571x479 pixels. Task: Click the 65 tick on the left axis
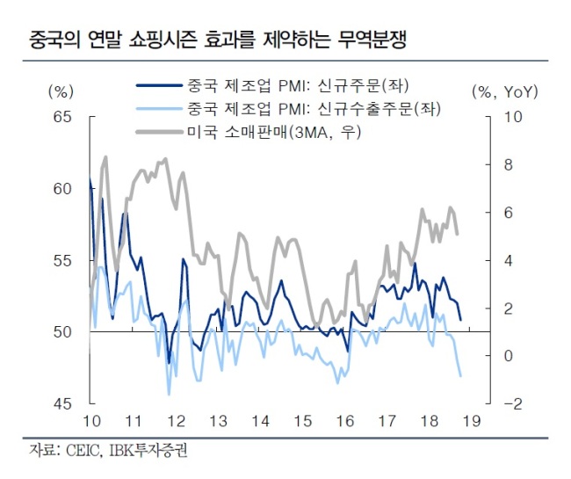pos(62,117)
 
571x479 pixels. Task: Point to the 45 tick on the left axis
pos(62,403)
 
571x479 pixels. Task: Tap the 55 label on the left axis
pos(62,261)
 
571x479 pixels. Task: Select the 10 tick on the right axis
pos(513,117)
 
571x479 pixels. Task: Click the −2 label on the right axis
pos(513,403)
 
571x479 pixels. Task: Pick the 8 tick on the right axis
pos(509,165)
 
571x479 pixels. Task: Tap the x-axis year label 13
pos(219,421)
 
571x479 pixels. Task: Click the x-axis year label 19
pos(472,421)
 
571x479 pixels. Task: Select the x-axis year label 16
pos(345,421)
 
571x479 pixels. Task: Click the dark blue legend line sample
pos(159,85)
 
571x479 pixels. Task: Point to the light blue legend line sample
pos(159,109)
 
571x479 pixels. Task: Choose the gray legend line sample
pos(159,132)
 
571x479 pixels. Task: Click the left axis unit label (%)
pos(61,91)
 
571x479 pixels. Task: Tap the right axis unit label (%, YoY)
pos(505,91)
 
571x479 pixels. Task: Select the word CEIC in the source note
pos(83,451)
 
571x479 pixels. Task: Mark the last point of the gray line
pos(458,234)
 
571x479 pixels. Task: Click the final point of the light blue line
pos(461,376)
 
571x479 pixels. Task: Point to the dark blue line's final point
pos(461,320)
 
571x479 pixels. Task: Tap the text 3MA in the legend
pos(311,133)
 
